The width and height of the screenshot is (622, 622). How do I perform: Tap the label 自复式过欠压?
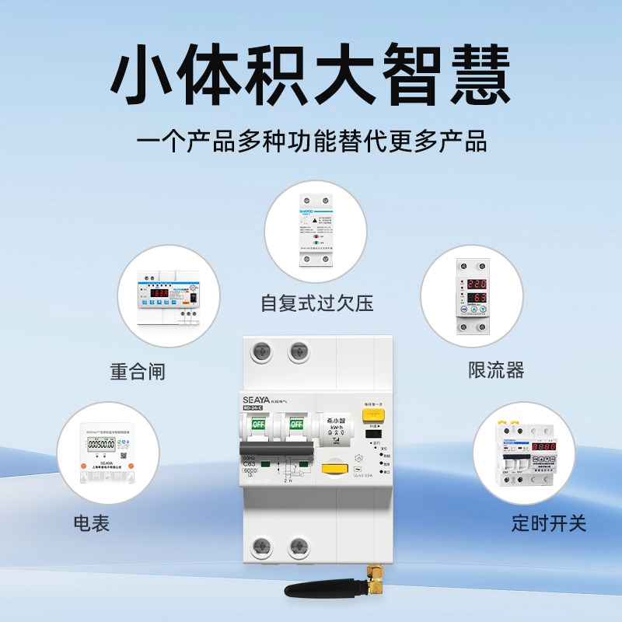pos(316,302)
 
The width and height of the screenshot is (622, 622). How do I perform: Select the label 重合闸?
pos(138,371)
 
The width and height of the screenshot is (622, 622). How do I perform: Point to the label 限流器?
pos(496,369)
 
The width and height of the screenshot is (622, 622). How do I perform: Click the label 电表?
pos(92,522)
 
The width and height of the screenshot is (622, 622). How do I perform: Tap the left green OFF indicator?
pos(257,425)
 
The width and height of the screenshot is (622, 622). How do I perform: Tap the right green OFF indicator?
pos(296,425)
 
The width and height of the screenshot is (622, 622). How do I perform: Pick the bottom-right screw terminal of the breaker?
pos(298,548)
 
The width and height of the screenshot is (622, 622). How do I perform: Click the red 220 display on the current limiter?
pos(477,285)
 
